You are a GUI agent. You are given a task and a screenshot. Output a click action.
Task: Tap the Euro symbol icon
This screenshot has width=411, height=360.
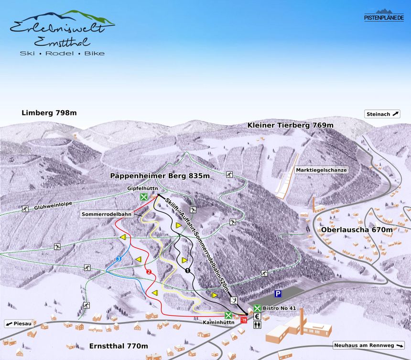tap(257, 316)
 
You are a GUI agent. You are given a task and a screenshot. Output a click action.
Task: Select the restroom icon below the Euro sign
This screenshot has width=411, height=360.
tap(257, 324)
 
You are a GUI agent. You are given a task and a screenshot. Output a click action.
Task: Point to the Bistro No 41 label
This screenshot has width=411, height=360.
tap(280, 308)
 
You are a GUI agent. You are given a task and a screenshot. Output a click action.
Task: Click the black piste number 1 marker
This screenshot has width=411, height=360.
tap(187, 271)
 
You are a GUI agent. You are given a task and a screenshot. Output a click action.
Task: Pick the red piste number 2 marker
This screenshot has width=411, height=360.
tap(149, 272)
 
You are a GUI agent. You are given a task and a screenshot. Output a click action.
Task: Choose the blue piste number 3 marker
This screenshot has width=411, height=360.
tap(119, 259)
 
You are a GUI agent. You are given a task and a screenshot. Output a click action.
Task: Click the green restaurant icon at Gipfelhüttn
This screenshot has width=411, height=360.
tap(143, 197)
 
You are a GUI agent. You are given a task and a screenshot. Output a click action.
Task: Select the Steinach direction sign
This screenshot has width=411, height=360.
tap(382, 114)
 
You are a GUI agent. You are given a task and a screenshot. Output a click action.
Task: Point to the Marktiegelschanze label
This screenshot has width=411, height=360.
tap(321, 170)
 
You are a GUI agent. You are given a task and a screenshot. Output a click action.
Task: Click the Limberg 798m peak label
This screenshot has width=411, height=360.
tap(49, 113)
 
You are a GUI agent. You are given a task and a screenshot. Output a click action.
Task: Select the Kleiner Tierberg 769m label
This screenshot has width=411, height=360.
tap(290, 125)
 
